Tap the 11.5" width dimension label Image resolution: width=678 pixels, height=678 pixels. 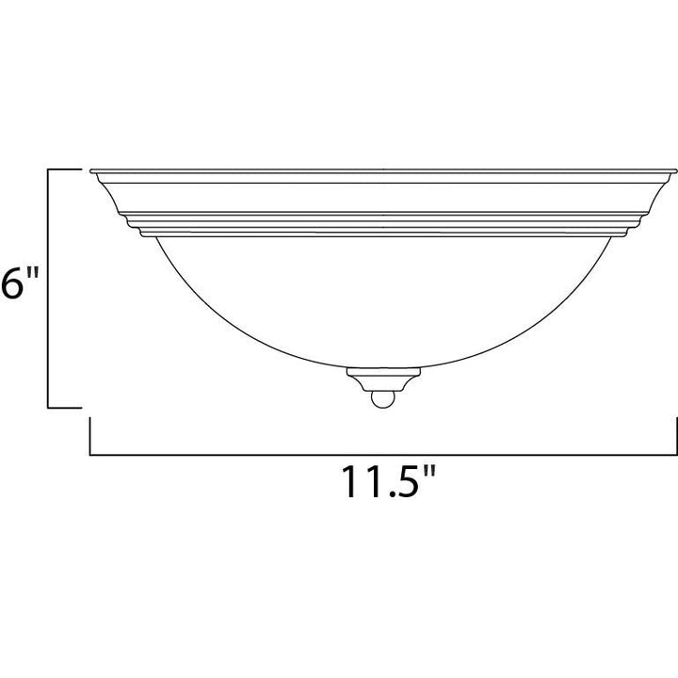click(x=387, y=481)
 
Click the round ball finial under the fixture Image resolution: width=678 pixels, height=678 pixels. click(x=382, y=399)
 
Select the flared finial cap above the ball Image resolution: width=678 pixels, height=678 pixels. click(x=383, y=379)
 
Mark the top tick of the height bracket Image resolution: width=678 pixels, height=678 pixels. click(x=64, y=169)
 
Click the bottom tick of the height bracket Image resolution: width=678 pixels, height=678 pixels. click(x=64, y=407)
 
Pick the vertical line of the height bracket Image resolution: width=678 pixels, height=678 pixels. click(x=48, y=288)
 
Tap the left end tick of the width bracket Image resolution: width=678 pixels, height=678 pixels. click(x=90, y=436)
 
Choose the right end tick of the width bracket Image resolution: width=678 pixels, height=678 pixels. click(x=676, y=436)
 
